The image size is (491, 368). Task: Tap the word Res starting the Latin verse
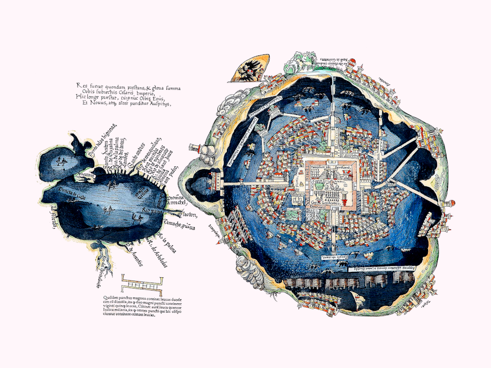point(81,85)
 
